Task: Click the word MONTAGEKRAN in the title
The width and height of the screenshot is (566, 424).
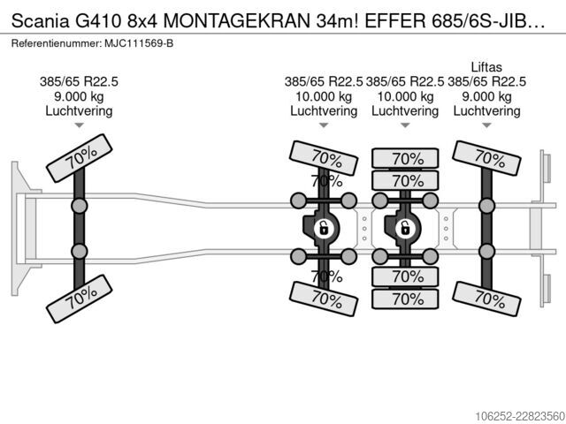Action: [236, 21]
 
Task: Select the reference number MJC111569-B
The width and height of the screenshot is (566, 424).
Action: [139, 43]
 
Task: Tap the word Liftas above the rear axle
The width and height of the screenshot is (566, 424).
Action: [486, 67]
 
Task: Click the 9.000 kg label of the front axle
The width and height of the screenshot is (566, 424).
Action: [79, 96]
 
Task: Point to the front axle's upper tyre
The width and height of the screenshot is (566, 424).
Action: [80, 158]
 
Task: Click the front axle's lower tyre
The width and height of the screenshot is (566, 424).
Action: [80, 299]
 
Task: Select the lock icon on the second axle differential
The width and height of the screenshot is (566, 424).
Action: [324, 228]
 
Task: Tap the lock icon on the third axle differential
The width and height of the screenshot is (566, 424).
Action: [405, 228]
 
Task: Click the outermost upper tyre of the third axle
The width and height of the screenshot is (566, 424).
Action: [405, 158]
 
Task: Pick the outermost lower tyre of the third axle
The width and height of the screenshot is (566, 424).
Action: [405, 299]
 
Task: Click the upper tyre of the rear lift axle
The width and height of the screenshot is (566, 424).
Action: [486, 158]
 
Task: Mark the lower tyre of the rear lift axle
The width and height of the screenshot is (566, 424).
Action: [486, 299]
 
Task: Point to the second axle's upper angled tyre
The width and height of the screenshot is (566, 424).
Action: [324, 158]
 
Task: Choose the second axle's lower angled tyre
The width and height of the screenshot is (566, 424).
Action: [324, 299]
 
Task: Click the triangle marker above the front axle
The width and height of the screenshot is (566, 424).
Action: [79, 125]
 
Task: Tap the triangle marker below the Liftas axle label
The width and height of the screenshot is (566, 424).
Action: [486, 125]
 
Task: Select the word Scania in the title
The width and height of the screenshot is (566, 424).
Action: [40, 21]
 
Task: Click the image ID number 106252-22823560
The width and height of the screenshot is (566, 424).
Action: [520, 416]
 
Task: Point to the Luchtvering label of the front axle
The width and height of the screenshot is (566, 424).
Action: [79, 110]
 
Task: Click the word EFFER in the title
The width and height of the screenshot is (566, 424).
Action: [395, 21]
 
